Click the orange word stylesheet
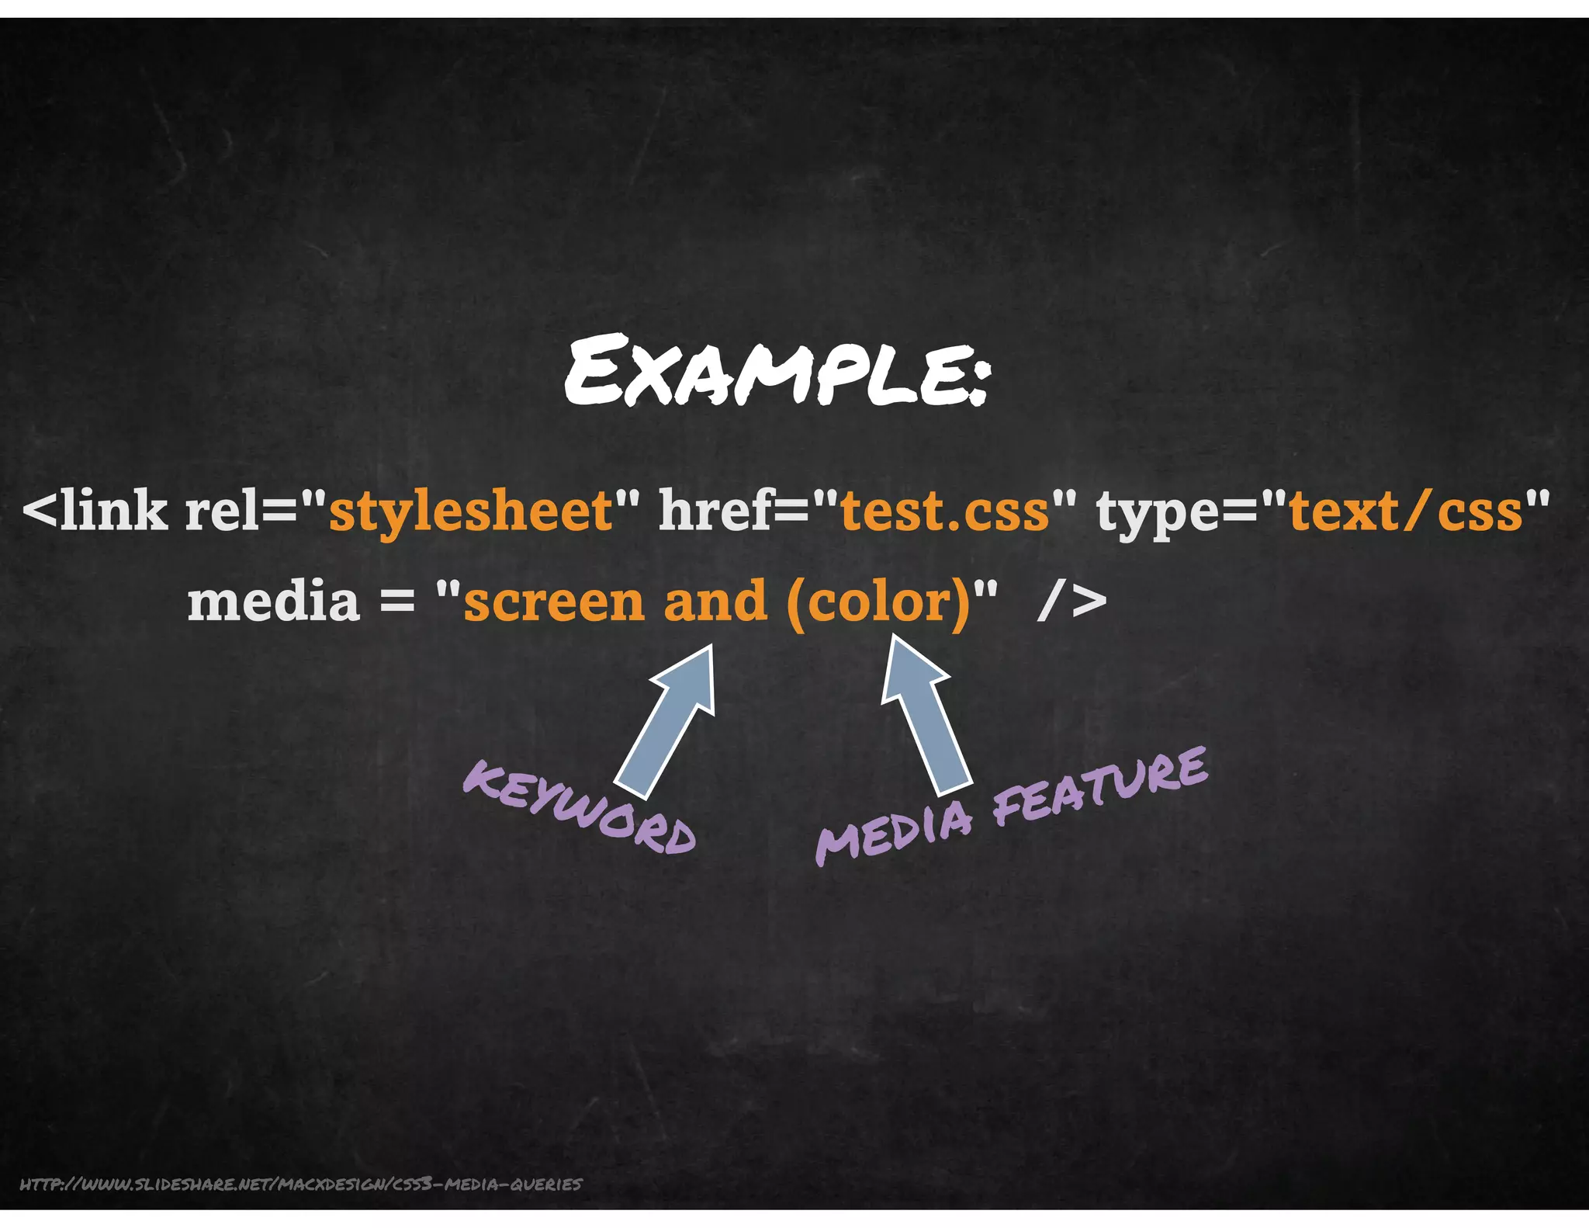tap(471, 512)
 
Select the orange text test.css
tap(944, 512)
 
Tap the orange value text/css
tap(1405, 512)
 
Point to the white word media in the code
tap(273, 602)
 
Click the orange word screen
tap(554, 602)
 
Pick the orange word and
tap(715, 602)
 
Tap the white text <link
tap(95, 512)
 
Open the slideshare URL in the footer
tap(300, 1184)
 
